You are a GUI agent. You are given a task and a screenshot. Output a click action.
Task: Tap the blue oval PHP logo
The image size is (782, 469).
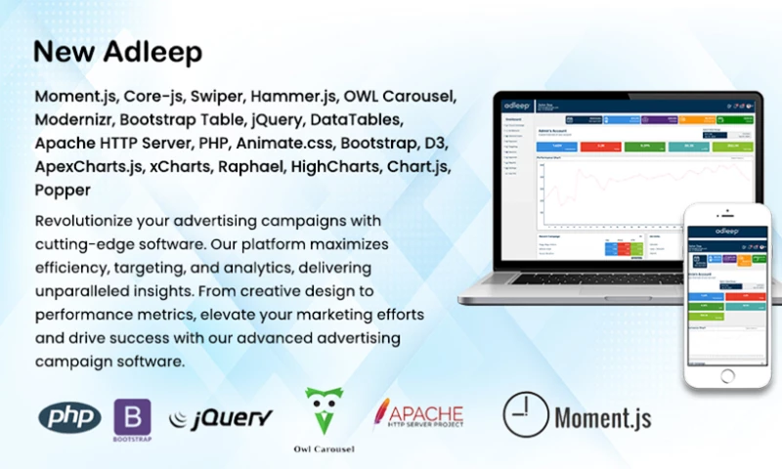point(69,417)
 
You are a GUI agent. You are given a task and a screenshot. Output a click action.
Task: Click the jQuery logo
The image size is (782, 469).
point(220,419)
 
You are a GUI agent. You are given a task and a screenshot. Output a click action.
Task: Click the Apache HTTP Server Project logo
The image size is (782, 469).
point(417,415)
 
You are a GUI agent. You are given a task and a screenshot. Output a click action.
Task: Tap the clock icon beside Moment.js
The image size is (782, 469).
point(525,413)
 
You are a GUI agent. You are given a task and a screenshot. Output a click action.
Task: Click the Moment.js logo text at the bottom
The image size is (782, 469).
point(602,418)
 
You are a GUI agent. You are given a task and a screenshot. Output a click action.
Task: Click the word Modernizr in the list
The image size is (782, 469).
point(73,120)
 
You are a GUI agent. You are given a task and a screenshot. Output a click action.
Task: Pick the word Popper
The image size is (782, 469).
point(62,189)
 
